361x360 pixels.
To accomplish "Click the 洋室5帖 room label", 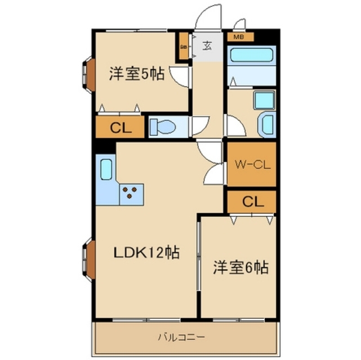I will click(x=137, y=74).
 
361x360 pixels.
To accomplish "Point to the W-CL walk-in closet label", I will click(x=252, y=165).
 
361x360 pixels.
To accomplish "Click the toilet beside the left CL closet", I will click(x=163, y=127).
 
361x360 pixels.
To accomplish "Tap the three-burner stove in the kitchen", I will click(x=131, y=193).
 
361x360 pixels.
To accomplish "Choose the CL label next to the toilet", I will click(x=120, y=128).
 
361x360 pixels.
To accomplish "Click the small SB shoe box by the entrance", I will click(x=184, y=47).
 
